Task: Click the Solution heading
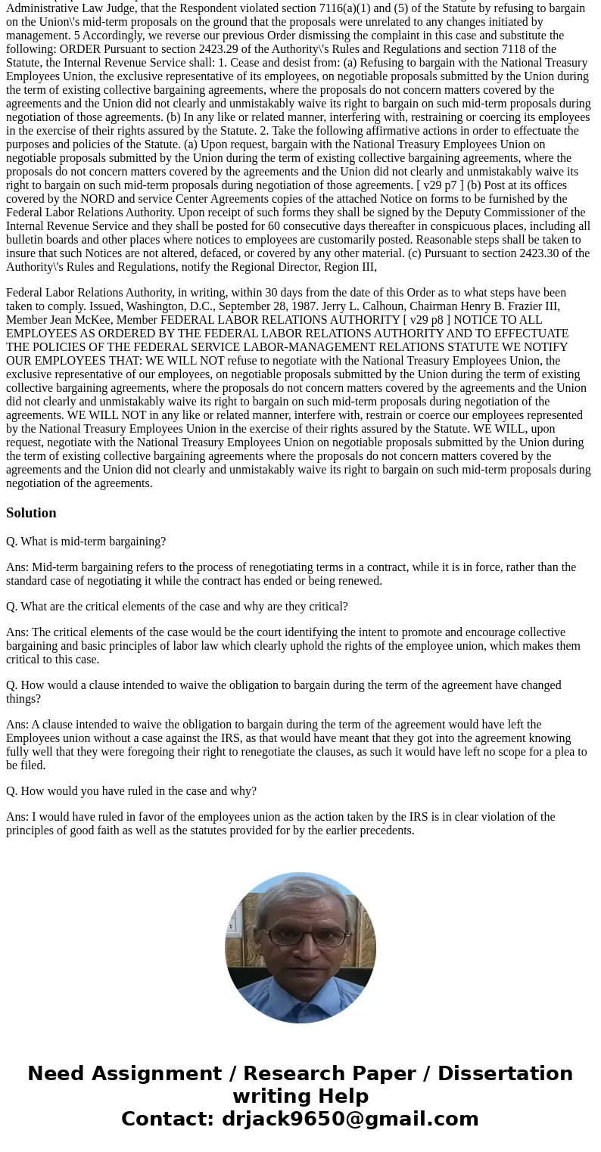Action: (x=31, y=513)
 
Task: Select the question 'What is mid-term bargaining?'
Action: (x=86, y=542)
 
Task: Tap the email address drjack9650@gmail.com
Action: (x=350, y=1119)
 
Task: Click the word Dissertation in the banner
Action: (x=505, y=1073)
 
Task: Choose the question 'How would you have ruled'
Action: (x=131, y=791)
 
